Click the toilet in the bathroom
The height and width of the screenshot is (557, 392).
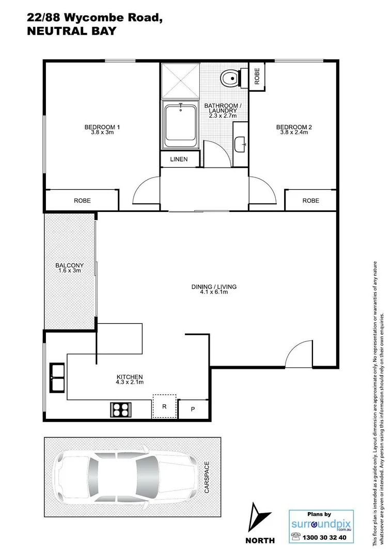229,78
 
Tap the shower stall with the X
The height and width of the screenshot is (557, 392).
180,80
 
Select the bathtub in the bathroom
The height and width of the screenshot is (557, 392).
180,125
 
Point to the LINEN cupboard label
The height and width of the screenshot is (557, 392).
179,159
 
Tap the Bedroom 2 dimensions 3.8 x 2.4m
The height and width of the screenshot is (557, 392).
294,133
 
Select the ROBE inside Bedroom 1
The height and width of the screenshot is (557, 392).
82,201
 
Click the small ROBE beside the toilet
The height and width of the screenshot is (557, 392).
257,76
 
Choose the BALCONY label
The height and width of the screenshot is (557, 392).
69,266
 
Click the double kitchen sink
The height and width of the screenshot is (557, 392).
56,378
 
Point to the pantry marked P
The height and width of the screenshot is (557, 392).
193,409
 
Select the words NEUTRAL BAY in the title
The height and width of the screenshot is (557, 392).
71,31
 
